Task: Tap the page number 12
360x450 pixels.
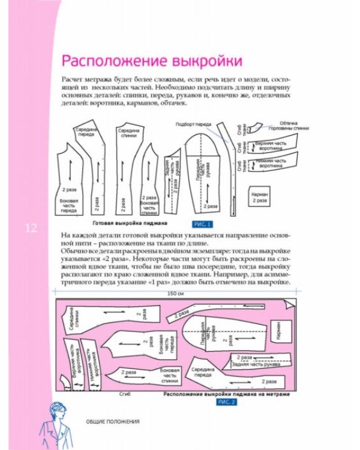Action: click(x=31, y=229)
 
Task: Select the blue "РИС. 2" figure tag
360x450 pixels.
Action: click(x=229, y=401)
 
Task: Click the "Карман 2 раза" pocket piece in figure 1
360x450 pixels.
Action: click(x=260, y=197)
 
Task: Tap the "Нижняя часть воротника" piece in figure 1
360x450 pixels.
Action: click(x=274, y=162)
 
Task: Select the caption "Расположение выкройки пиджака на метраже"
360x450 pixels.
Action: click(x=226, y=394)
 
